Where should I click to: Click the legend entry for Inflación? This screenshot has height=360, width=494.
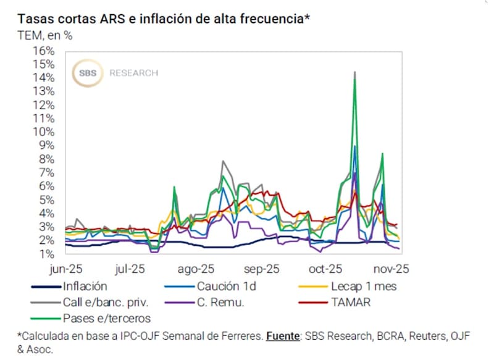coord(85,287)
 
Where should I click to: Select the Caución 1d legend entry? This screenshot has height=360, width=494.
coord(226,287)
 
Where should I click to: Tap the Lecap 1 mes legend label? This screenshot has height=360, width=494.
coord(364,287)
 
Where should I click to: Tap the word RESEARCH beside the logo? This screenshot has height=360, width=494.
coord(134,73)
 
